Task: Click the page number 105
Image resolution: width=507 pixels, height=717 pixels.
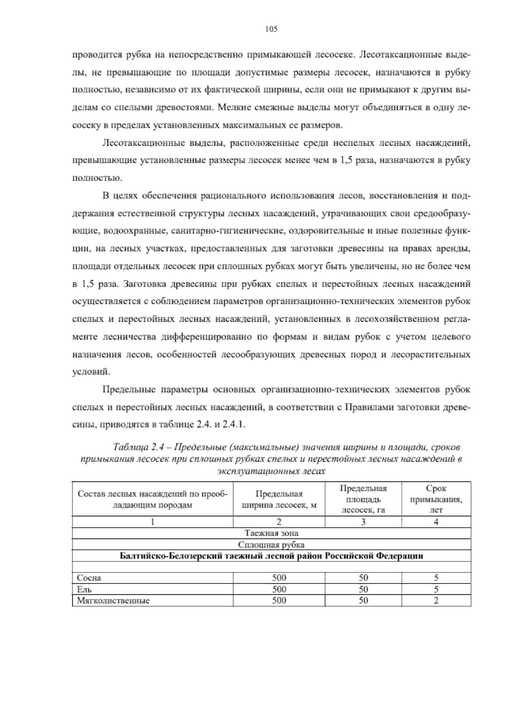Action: (x=271, y=29)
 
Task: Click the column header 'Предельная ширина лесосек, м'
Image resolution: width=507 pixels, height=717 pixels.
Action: (x=279, y=499)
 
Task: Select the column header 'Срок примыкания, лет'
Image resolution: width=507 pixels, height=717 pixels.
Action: (x=436, y=499)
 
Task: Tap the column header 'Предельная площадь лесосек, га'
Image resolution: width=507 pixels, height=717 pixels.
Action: (x=363, y=499)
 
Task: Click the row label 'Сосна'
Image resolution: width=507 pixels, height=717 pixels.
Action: (x=89, y=578)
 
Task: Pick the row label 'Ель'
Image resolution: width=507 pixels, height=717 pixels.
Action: (x=84, y=589)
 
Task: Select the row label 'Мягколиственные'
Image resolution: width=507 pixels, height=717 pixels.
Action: (x=113, y=600)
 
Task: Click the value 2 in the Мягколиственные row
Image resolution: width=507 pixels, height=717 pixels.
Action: (x=436, y=600)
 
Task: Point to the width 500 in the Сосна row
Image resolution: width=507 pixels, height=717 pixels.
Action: (x=279, y=578)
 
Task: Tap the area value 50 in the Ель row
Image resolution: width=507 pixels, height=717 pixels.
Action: (x=363, y=589)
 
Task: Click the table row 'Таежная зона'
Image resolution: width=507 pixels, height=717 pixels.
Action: (x=271, y=533)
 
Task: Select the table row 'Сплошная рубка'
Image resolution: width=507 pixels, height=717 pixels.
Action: (x=271, y=545)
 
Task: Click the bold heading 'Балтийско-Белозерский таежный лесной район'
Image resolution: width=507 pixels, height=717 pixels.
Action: (x=271, y=556)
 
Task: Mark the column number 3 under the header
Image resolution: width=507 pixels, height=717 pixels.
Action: (x=363, y=522)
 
